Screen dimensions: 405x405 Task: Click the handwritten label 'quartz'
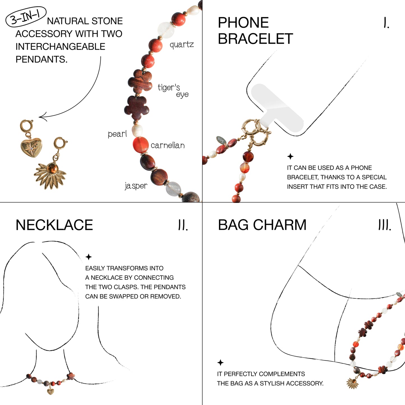click(182, 45)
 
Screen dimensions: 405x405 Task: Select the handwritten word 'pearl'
click(117, 134)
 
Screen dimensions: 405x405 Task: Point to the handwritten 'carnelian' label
click(168, 145)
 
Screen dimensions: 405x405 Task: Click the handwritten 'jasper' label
click(136, 186)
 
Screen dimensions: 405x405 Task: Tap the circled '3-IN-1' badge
click(26, 17)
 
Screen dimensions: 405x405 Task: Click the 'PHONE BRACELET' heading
click(255, 31)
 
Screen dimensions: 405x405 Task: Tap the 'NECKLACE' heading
click(54, 225)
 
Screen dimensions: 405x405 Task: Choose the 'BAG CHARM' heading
click(262, 225)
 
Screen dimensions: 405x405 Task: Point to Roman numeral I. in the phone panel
click(386, 23)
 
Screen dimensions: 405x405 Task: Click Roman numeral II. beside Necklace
click(183, 225)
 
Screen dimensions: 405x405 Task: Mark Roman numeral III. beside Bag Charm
click(385, 225)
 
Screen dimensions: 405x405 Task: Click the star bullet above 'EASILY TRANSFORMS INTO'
click(89, 257)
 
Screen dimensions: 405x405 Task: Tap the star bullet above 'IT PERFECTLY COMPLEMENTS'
click(221, 362)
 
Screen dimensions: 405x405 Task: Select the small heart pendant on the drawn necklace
click(50, 391)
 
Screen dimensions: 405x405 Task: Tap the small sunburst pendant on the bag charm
click(353, 383)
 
